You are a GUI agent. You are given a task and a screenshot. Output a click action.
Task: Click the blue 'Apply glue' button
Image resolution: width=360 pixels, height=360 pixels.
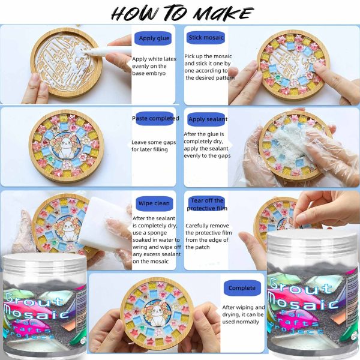point(154,38)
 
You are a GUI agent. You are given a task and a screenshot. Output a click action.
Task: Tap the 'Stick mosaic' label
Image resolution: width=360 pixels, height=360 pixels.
point(206,38)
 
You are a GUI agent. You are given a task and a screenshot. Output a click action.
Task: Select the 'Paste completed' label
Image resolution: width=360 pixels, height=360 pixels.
point(155,118)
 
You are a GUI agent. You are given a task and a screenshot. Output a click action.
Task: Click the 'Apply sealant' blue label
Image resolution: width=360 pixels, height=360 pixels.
point(208,119)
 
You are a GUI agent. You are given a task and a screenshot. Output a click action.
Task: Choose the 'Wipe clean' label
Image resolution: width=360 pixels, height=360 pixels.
point(154,203)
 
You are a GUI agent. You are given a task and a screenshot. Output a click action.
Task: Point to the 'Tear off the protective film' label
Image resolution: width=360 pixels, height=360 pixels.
point(207,204)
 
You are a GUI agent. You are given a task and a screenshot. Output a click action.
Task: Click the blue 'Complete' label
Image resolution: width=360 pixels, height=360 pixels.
point(242,288)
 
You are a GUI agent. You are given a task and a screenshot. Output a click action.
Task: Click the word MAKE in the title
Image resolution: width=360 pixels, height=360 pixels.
point(223,13)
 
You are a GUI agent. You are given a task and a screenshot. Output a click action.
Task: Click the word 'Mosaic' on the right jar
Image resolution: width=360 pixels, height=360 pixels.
point(302,302)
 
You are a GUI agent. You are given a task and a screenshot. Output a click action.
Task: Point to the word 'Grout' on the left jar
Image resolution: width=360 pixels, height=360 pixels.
point(34,299)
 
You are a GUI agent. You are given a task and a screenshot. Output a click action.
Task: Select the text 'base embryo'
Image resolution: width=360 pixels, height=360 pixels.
point(149,73)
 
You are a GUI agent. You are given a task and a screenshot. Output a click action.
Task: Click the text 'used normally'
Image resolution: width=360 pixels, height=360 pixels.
point(241,322)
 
